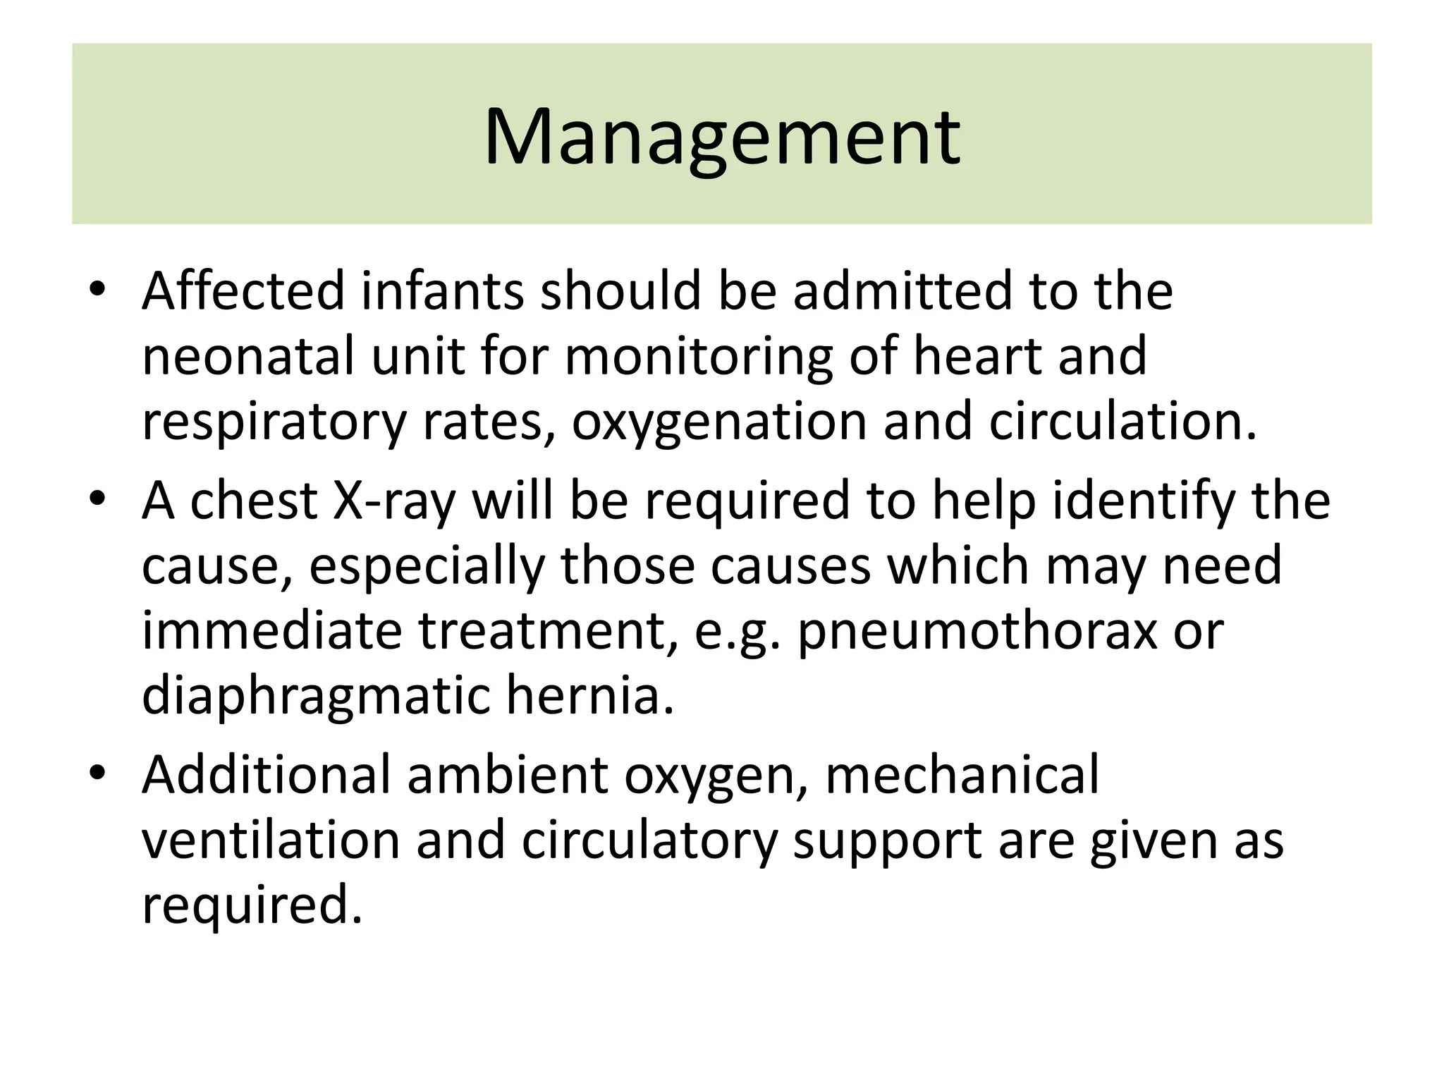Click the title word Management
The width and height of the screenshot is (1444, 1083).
(721, 138)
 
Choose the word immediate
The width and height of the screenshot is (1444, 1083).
(271, 631)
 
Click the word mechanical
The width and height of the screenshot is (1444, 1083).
(961, 776)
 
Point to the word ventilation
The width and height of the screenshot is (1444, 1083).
(271, 840)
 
